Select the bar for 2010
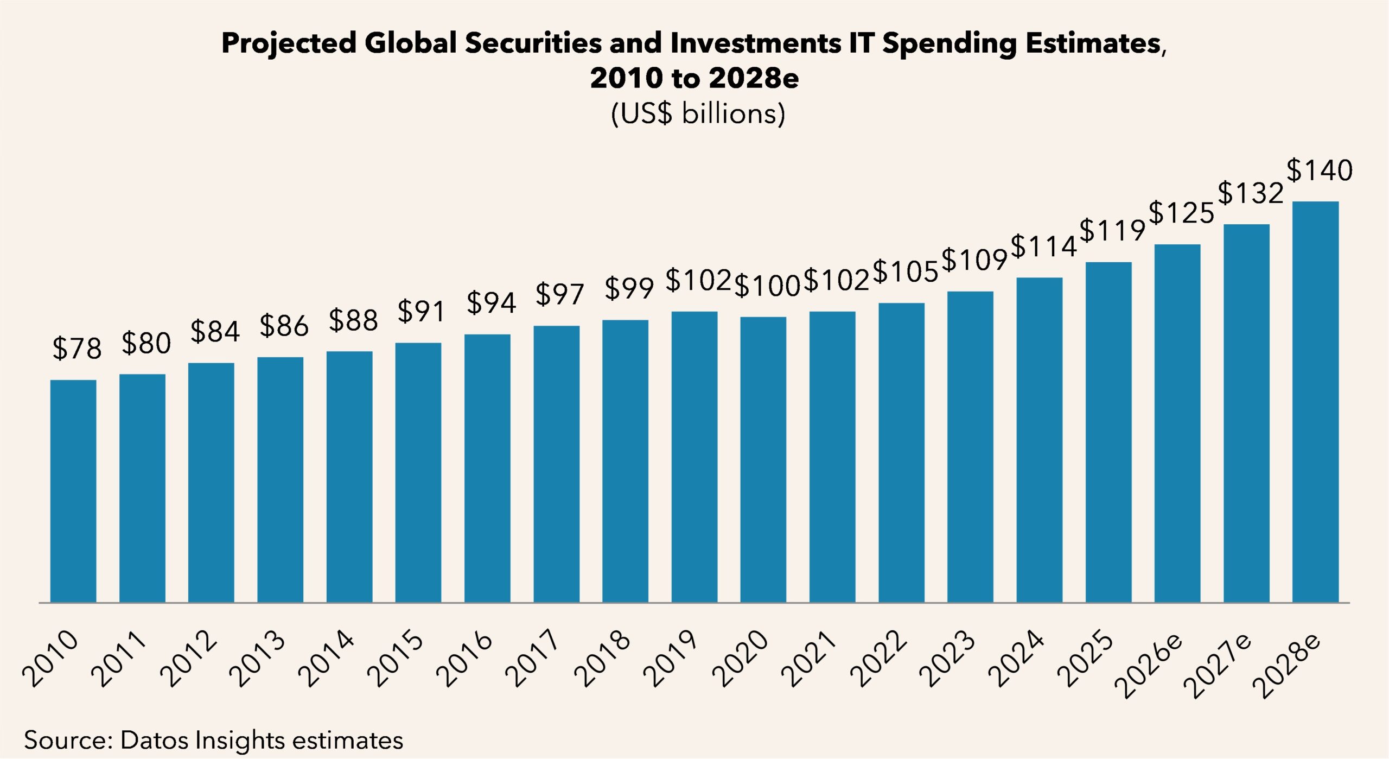73,491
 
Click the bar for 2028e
1315,402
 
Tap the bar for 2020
763,459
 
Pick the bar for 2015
418,472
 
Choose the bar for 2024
1039,440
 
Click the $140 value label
1319,170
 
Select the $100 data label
767,286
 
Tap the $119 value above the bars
1112,230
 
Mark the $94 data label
490,302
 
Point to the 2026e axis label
1149,665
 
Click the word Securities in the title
533,43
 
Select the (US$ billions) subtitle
698,113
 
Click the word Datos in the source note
154,740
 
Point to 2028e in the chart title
754,78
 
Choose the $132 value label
1250,193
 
